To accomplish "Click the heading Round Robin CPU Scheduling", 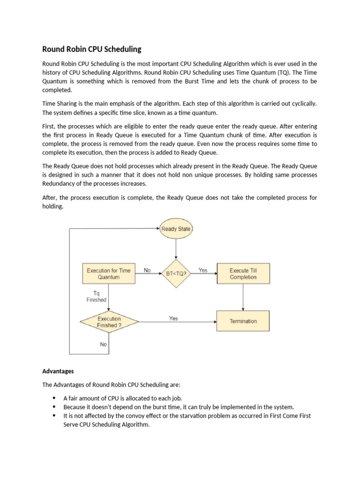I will tap(91, 49).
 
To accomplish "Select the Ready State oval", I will tap(176, 229).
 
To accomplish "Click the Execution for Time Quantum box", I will tap(109, 274).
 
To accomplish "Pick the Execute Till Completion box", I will tap(243, 274).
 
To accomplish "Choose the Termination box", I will tap(243, 321).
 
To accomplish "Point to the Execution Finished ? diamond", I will tap(109, 322).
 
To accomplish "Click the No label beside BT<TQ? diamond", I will tap(147, 270).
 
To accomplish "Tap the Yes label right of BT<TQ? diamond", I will tap(203, 270).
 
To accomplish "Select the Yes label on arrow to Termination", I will tap(173, 318).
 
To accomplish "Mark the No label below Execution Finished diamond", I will tap(103, 344).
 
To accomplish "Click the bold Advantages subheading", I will tap(58, 371).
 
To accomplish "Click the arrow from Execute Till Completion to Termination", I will tap(243, 297).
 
